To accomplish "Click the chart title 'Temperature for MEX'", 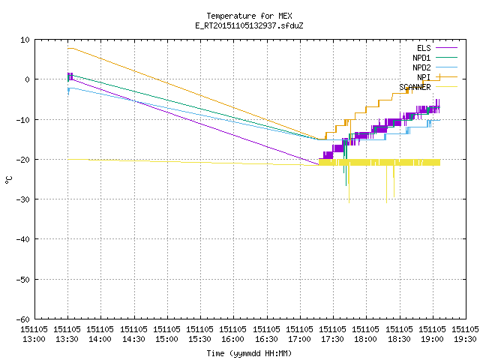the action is (x=249, y=16).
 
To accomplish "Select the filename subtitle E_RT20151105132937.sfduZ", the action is (x=249, y=25).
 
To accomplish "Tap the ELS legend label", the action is (x=424, y=48).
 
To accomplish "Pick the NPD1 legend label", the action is (x=421, y=58).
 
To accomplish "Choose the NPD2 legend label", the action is (x=421, y=67).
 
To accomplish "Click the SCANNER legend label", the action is (x=415, y=87).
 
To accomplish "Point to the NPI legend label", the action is (x=424, y=77).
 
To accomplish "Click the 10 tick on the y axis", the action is (x=25, y=40).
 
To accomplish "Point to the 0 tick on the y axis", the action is (x=27, y=79).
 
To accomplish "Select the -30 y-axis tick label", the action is (x=23, y=199).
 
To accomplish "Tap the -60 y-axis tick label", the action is (x=23, y=319).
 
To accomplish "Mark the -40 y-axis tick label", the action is (x=23, y=239).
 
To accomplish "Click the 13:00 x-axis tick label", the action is (x=34, y=339).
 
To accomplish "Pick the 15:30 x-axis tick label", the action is (x=200, y=339).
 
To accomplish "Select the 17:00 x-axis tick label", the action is (x=299, y=339).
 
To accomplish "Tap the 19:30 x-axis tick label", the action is (x=465, y=339).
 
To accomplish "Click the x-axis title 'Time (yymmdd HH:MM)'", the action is (x=249, y=353).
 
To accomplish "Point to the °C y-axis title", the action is (x=8, y=180).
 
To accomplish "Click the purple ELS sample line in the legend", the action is (x=446, y=48).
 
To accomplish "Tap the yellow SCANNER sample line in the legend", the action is (x=446, y=87).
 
